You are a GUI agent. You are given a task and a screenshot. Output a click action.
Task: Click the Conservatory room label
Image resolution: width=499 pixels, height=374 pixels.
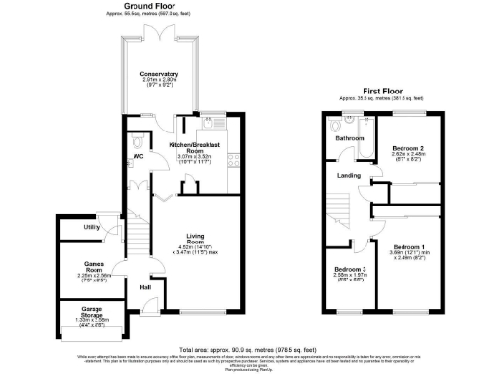point(159,74)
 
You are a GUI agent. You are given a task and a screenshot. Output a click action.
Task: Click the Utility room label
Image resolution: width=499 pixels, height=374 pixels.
point(92,227)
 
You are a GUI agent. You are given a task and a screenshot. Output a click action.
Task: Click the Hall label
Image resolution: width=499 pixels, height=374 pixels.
point(145,287)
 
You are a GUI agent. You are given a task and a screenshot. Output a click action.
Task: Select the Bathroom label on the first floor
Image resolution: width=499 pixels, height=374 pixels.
point(350,139)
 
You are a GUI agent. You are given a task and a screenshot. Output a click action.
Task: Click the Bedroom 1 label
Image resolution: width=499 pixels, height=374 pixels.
point(404,247)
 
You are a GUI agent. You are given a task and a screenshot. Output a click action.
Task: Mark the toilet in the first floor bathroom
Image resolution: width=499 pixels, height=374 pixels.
point(335,124)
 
